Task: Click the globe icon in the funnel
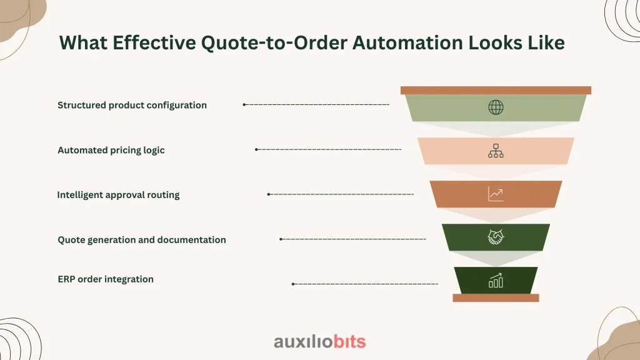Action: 496,107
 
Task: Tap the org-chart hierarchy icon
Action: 496,151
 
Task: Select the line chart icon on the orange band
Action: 496,194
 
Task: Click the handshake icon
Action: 496,237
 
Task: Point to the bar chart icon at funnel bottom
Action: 496,281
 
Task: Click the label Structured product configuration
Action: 132,105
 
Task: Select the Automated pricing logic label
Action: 111,150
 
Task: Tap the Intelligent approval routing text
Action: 118,195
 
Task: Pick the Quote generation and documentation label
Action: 142,240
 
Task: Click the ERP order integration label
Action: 106,279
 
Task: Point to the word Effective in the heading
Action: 154,43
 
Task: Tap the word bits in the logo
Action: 349,342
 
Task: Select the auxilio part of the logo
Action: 303,342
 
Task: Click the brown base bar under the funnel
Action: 496,298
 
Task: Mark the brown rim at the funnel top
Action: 496,90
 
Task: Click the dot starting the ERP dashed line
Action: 293,284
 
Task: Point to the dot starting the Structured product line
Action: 244,104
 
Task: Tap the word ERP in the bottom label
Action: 66,279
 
